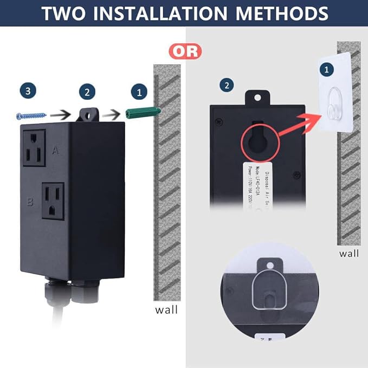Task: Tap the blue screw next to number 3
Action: (x=31, y=114)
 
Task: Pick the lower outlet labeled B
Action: (x=53, y=201)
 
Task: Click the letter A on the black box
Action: (x=55, y=150)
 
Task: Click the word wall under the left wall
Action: (x=166, y=310)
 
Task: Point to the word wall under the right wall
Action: (x=349, y=253)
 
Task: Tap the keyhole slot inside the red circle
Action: (x=258, y=136)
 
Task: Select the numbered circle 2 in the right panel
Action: (x=227, y=86)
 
